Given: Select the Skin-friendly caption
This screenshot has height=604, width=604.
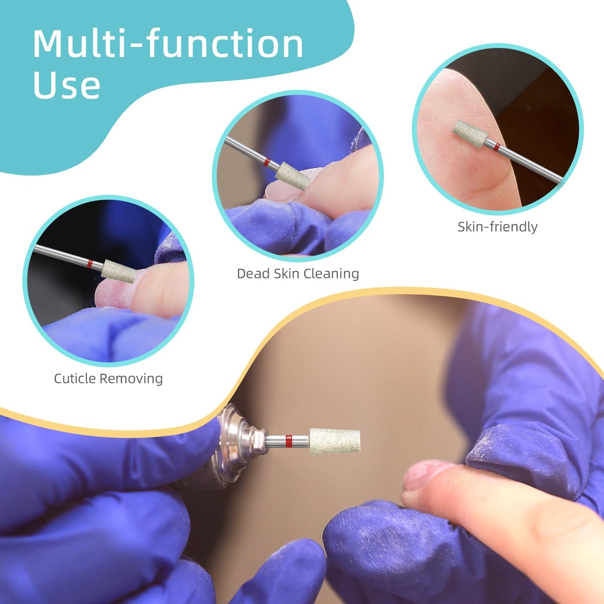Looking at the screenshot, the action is pos(497,227).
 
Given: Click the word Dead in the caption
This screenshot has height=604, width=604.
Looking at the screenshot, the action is pos(253,274).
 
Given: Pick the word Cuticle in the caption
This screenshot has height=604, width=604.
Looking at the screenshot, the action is pos(75,378).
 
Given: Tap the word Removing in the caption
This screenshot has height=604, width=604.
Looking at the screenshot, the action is pos(131,379).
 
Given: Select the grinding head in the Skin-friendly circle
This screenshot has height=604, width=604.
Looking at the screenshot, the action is pos(470,133).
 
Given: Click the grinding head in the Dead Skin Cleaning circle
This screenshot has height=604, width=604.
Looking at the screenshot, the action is pos(293,176).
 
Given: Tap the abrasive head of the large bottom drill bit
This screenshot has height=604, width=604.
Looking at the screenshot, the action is pos(334,441).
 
